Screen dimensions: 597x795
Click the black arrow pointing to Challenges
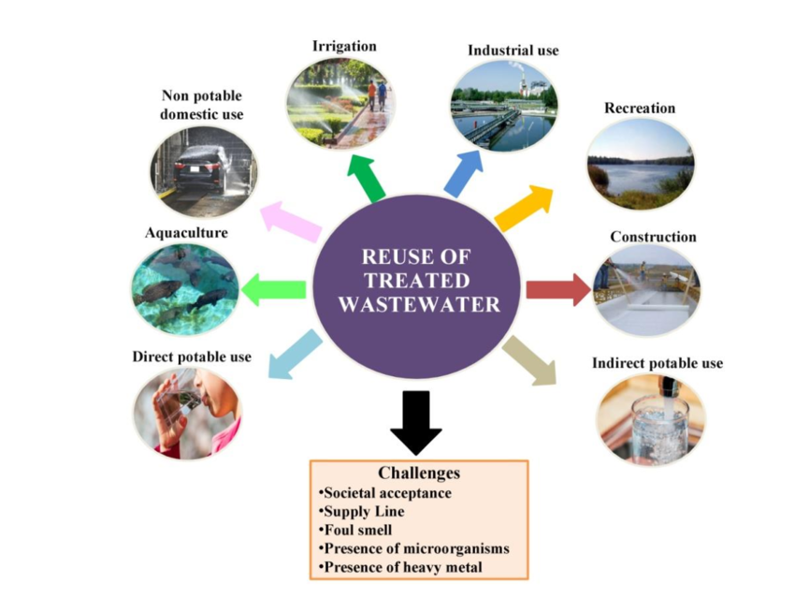(x=415, y=421)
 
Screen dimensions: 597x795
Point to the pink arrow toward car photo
(x=291, y=222)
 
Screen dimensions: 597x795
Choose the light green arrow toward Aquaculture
(x=274, y=290)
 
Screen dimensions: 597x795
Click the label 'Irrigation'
(x=344, y=46)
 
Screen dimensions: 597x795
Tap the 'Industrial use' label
(x=513, y=50)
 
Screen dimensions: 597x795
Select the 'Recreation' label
(x=640, y=108)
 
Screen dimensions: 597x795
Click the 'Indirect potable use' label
(x=658, y=362)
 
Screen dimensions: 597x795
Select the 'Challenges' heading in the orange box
(x=418, y=473)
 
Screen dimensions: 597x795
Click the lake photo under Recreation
(x=641, y=165)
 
